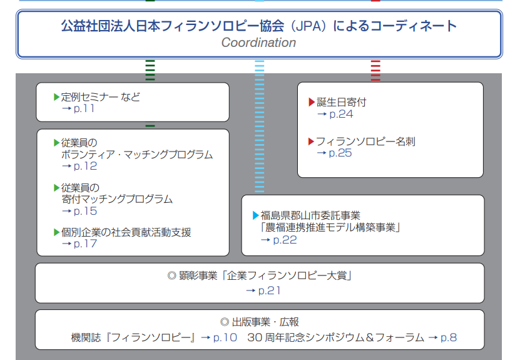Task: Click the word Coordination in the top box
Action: pyautogui.click(x=258, y=43)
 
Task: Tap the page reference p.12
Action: pyautogui.click(x=85, y=166)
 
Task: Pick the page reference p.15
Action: pyautogui.click(x=85, y=211)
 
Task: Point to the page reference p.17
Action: pyautogui.click(x=85, y=244)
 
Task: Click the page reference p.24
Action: pyautogui.click(x=341, y=114)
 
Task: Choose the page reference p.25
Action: pyautogui.click(x=341, y=153)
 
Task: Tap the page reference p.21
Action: pyautogui.click(x=270, y=290)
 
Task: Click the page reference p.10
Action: pyautogui.click(x=225, y=337)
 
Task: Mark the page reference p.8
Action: pyautogui.click(x=449, y=337)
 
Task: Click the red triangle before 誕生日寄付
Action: pyautogui.click(x=312, y=102)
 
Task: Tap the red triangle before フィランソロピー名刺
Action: pyautogui.click(x=312, y=141)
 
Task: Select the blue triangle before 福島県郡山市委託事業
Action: pyautogui.click(x=255, y=215)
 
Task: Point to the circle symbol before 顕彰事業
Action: pyautogui.click(x=171, y=275)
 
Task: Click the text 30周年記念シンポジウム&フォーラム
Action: pyautogui.click(x=336, y=337)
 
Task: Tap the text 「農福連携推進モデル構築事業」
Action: pyautogui.click(x=330, y=227)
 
